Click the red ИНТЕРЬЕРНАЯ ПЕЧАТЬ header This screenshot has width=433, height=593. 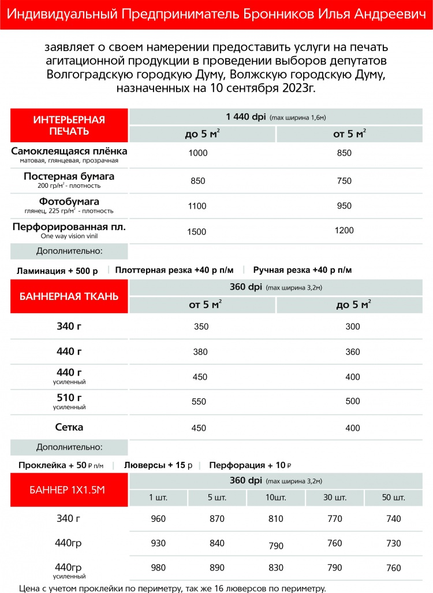(x=69, y=125)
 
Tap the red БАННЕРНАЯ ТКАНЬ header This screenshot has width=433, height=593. (x=69, y=296)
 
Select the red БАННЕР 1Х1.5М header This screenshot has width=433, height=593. (x=69, y=491)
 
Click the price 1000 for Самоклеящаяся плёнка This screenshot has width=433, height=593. (x=197, y=153)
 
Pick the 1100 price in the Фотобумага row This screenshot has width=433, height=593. (x=197, y=205)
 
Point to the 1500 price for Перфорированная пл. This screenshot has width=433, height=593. (x=197, y=231)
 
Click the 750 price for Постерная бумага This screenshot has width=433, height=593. (x=344, y=181)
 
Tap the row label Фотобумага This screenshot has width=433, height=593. (x=69, y=202)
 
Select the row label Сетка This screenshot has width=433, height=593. (x=69, y=427)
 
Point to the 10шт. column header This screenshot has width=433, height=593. (x=276, y=498)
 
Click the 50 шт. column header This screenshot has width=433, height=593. (x=394, y=498)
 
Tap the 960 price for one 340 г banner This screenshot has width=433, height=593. (x=158, y=518)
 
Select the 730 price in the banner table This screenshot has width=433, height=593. (x=394, y=543)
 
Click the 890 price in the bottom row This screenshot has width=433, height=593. (x=217, y=568)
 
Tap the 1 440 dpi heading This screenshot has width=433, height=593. (x=245, y=117)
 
